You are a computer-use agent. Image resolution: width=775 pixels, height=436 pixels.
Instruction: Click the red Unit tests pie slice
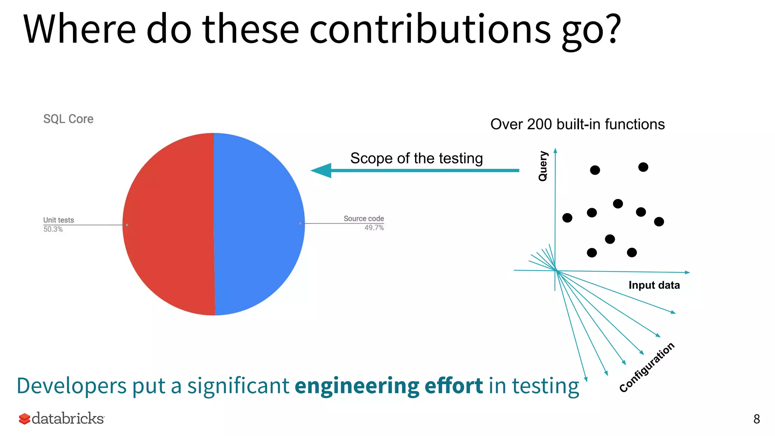pyautogui.click(x=168, y=224)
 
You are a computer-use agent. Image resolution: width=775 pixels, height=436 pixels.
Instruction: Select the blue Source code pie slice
pyautogui.click(x=259, y=224)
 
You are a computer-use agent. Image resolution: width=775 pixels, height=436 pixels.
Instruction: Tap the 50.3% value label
pyautogui.click(x=53, y=229)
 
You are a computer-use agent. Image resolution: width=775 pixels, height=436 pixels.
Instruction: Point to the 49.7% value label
pyautogui.click(x=374, y=228)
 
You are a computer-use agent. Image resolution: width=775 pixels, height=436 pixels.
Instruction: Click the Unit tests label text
pyautogui.click(x=59, y=220)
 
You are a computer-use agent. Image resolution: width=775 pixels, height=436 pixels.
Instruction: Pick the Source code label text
pyautogui.click(x=364, y=218)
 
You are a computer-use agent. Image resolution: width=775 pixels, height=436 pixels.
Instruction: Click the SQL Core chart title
pyautogui.click(x=68, y=119)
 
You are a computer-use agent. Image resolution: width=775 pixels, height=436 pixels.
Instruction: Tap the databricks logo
pyautogui.click(x=62, y=419)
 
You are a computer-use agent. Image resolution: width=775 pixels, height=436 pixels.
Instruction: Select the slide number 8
pyautogui.click(x=756, y=419)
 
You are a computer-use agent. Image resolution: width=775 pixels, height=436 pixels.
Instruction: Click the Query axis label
pyautogui.click(x=543, y=166)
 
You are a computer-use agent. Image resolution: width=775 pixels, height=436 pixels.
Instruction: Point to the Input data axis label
pyautogui.click(x=654, y=285)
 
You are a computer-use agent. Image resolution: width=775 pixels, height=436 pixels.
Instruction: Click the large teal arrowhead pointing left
pyautogui.click(x=322, y=170)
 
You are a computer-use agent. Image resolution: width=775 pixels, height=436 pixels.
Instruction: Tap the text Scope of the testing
pyautogui.click(x=416, y=158)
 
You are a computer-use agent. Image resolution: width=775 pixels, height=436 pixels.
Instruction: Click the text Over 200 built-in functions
pyautogui.click(x=577, y=124)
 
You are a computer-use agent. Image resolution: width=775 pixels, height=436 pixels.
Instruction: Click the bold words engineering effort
pyautogui.click(x=389, y=386)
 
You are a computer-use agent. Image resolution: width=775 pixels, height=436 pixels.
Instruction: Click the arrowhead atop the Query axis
pyautogui.click(x=555, y=150)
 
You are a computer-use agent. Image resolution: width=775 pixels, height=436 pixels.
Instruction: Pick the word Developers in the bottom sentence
pyautogui.click(x=72, y=386)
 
